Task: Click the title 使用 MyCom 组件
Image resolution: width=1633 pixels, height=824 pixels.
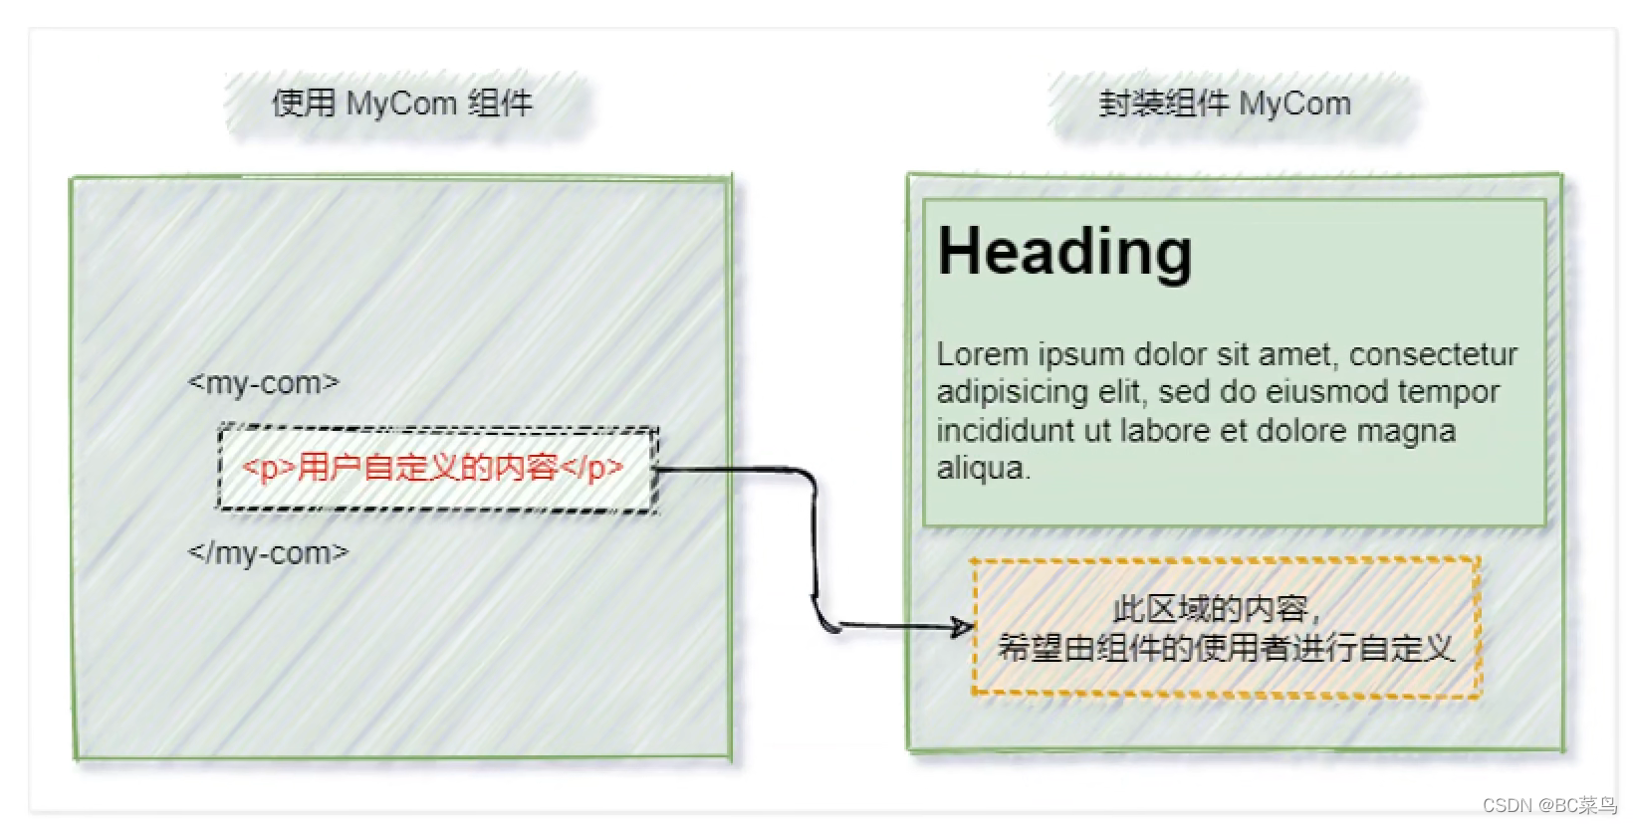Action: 402,103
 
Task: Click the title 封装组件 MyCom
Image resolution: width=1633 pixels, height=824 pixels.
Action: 1225,103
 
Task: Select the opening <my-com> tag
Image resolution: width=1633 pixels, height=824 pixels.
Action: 264,383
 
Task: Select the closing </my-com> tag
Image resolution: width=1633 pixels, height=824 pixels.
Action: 269,552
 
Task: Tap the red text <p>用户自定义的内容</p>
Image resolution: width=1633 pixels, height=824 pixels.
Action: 433,467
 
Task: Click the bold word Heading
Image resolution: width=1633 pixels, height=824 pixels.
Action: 1064,252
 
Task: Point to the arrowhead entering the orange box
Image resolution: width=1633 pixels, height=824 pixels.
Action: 962,626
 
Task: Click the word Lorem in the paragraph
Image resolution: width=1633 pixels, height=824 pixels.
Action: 982,354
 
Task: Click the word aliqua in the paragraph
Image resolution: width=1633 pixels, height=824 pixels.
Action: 980,468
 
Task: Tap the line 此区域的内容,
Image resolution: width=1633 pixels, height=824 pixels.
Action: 1216,608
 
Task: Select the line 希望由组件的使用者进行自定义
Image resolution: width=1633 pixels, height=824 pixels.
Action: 1226,649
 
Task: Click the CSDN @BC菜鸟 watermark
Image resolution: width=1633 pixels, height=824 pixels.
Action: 1549,805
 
